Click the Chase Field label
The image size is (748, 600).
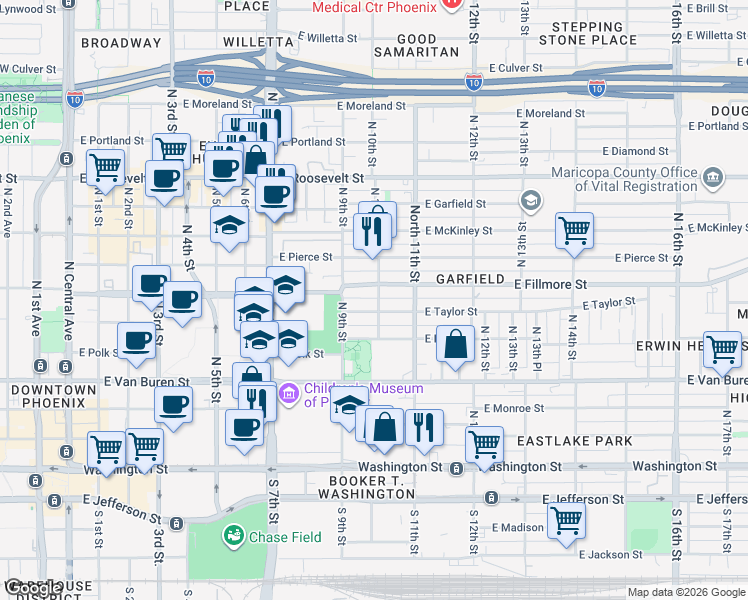(286, 537)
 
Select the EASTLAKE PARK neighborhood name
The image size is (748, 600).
(575, 441)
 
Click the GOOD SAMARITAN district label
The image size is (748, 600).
(417, 44)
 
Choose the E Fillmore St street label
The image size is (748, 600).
(550, 285)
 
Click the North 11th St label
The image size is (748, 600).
(413, 244)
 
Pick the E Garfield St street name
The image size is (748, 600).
(454, 203)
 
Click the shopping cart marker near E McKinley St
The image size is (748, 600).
(575, 230)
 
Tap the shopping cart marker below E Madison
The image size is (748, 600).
(567, 519)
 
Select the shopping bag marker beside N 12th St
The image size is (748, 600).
(455, 344)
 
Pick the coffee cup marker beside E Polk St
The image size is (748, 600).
(137, 341)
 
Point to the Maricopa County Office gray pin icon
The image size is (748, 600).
(713, 179)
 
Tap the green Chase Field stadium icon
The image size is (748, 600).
(233, 537)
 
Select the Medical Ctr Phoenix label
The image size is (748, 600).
(374, 7)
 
